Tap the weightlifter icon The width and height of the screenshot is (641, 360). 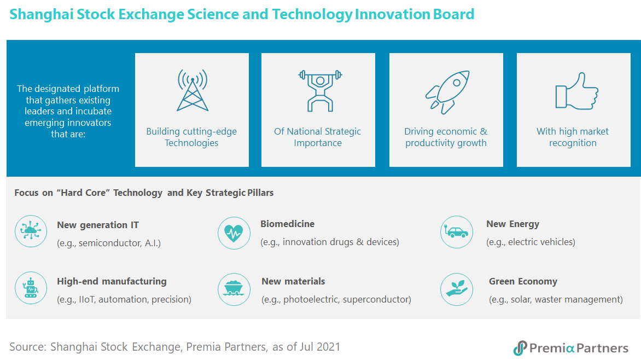click(x=320, y=91)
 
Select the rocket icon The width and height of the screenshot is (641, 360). click(x=447, y=92)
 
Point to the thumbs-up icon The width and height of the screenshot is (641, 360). click(x=576, y=91)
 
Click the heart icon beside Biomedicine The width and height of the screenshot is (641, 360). click(x=234, y=233)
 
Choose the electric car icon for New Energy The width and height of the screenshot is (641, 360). click(x=457, y=232)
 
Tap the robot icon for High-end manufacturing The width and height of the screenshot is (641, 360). click(x=31, y=288)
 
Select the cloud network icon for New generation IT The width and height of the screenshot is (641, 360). click(x=31, y=231)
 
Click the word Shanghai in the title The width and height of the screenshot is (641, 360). click(x=42, y=15)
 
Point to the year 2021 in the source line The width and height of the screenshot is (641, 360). click(x=328, y=347)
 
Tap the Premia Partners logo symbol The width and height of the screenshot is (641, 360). click(x=520, y=348)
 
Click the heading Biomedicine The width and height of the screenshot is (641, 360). click(x=287, y=224)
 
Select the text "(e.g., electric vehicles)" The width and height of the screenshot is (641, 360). click(x=531, y=242)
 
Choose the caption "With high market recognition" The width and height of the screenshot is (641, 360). click(x=573, y=137)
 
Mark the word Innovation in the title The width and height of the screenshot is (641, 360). click(x=392, y=15)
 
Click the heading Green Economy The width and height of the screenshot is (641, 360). click(x=523, y=281)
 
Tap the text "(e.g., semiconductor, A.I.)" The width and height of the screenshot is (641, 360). click(x=109, y=243)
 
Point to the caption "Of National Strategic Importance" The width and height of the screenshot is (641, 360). click(x=318, y=137)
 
